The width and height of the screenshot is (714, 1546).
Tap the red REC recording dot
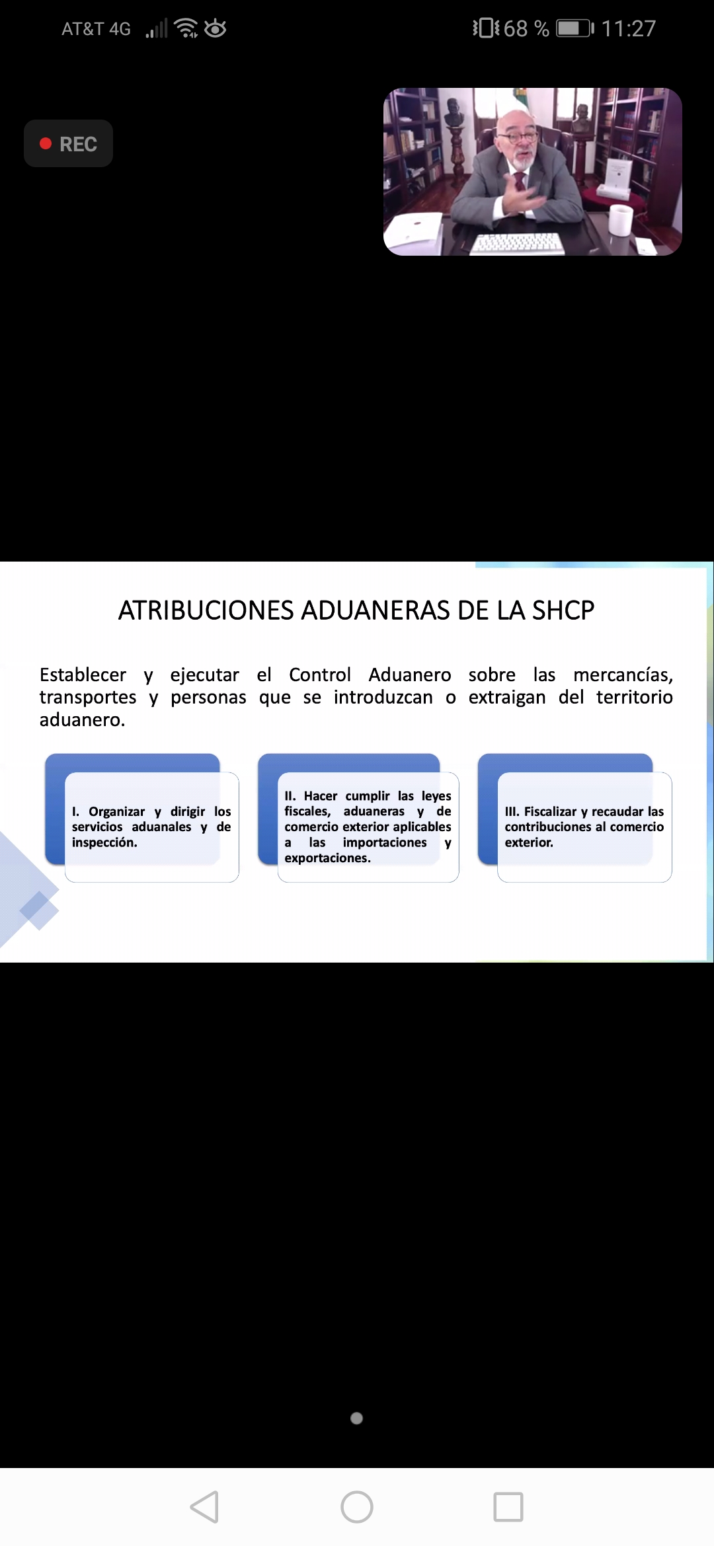click(x=46, y=143)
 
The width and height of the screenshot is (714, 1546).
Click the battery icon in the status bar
click(x=575, y=28)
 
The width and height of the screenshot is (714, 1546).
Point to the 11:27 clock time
click(x=628, y=28)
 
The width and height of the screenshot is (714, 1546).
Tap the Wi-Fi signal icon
click(x=186, y=28)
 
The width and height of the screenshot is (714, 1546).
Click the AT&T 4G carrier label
click(x=97, y=29)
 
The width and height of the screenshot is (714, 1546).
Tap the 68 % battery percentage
click(x=526, y=28)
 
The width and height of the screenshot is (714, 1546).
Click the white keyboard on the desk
click(x=516, y=244)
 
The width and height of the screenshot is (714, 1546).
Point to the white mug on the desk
click(x=621, y=220)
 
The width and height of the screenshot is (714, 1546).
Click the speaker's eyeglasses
click(x=518, y=137)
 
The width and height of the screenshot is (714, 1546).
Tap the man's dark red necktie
click(x=520, y=184)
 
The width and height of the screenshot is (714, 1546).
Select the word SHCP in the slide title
click(x=563, y=610)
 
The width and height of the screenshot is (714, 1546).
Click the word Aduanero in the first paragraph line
click(x=410, y=675)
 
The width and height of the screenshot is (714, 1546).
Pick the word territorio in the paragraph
click(x=635, y=697)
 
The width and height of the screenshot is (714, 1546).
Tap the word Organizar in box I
click(x=117, y=811)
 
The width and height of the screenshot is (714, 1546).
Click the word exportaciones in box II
click(x=328, y=858)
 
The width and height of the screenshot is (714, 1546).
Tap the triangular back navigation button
click(x=204, y=1507)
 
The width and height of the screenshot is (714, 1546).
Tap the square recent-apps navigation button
click(x=508, y=1507)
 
